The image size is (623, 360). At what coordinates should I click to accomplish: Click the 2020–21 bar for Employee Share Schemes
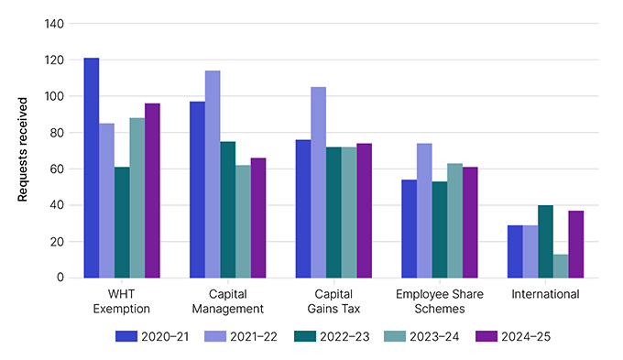point(410,229)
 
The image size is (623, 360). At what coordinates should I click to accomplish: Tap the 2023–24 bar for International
point(560,266)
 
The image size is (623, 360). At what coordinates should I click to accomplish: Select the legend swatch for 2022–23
point(307,336)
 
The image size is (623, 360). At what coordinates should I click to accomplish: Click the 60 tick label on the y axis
point(57,169)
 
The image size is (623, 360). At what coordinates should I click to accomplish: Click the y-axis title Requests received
point(23,150)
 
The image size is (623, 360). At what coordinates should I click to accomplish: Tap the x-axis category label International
point(545,294)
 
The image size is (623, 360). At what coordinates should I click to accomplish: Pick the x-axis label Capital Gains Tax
point(333,301)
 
